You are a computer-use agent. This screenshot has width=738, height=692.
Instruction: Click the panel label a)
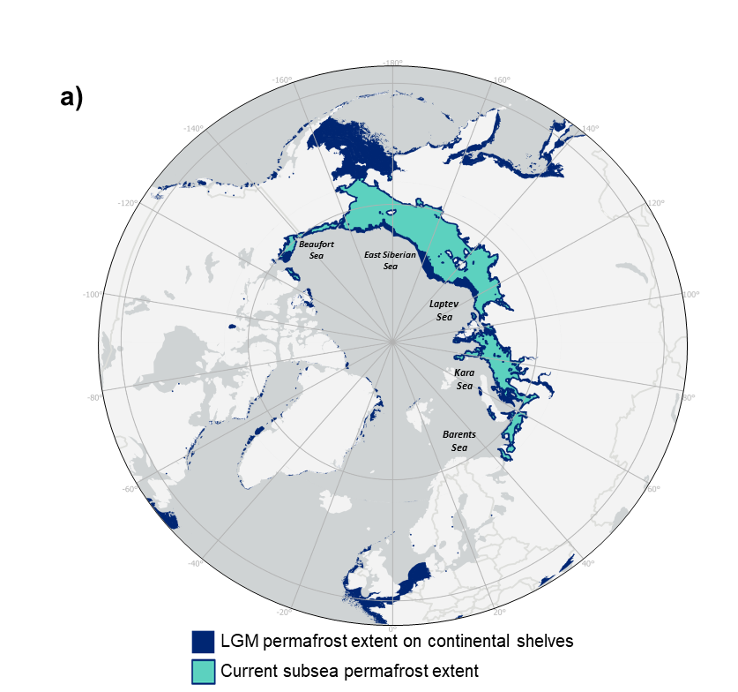coord(71,97)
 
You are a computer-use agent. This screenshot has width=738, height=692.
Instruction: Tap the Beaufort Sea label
coord(317,249)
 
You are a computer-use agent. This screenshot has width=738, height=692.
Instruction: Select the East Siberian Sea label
coord(391,259)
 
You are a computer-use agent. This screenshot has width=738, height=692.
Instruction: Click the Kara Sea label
coord(464,379)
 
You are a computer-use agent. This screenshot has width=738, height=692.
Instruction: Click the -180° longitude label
coord(393,63)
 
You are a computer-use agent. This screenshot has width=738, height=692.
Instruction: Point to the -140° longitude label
coord(193,129)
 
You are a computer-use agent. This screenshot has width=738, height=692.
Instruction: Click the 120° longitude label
coord(655,203)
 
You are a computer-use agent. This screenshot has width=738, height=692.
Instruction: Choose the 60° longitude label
coord(652,490)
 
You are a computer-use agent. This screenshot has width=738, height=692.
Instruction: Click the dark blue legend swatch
coord(203,641)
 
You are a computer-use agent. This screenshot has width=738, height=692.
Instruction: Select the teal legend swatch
coord(203,671)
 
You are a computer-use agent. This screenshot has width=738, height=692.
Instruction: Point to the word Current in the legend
coord(251,670)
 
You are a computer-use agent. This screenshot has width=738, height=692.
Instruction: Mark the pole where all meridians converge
coord(392,339)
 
